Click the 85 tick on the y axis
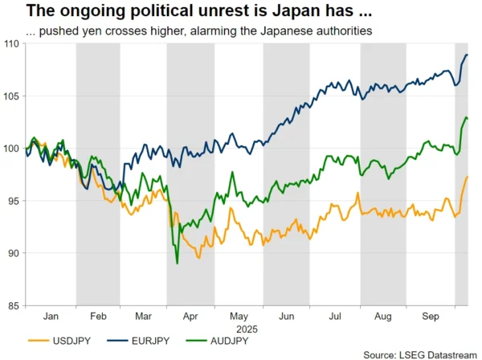point(14,306)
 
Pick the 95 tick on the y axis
point(14,201)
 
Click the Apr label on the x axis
point(191,317)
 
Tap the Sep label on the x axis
point(431,317)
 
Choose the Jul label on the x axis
point(336,317)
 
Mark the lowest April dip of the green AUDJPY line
point(177,263)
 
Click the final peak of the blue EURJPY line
point(467,55)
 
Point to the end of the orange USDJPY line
point(468,177)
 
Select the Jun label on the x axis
point(288,317)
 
